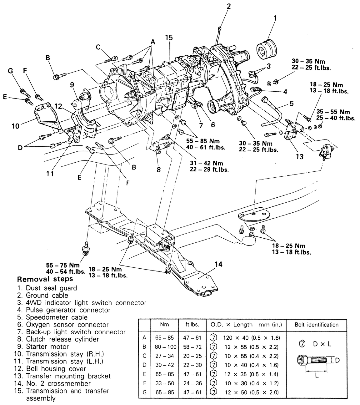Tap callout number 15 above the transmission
pyautogui.click(x=169, y=38)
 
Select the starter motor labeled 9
pyautogui.click(x=82, y=99)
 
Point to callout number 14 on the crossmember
pyautogui.click(x=218, y=264)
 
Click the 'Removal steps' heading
pyautogui.click(x=45, y=279)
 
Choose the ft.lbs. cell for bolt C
pyautogui.click(x=193, y=356)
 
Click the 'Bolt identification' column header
pyautogui.click(x=317, y=325)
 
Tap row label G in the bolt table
pyautogui.click(x=144, y=392)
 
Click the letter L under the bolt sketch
pyautogui.click(x=317, y=375)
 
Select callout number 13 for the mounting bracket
pyautogui.click(x=299, y=156)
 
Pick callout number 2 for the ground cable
pyautogui.click(x=229, y=6)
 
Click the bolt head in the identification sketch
pyautogui.click(x=301, y=360)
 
